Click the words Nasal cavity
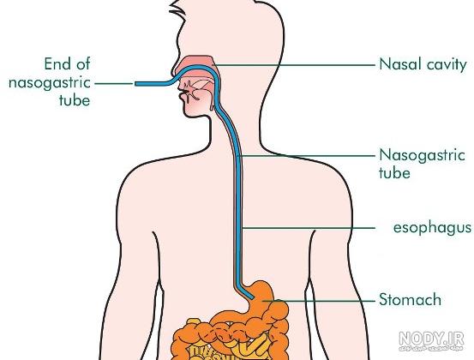(x=423, y=65)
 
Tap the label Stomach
(x=411, y=299)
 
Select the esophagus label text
(x=432, y=228)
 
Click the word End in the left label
(x=56, y=63)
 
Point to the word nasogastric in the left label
(x=50, y=83)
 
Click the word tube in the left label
(x=75, y=100)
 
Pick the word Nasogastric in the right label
(x=422, y=156)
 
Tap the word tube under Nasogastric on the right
(x=394, y=173)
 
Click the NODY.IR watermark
(x=431, y=339)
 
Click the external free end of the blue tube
(x=136, y=84)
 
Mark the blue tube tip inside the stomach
(x=252, y=297)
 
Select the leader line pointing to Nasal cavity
(x=295, y=65)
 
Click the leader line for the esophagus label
(x=309, y=228)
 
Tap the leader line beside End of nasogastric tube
(x=115, y=84)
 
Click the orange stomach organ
(x=262, y=297)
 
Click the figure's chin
(x=189, y=111)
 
